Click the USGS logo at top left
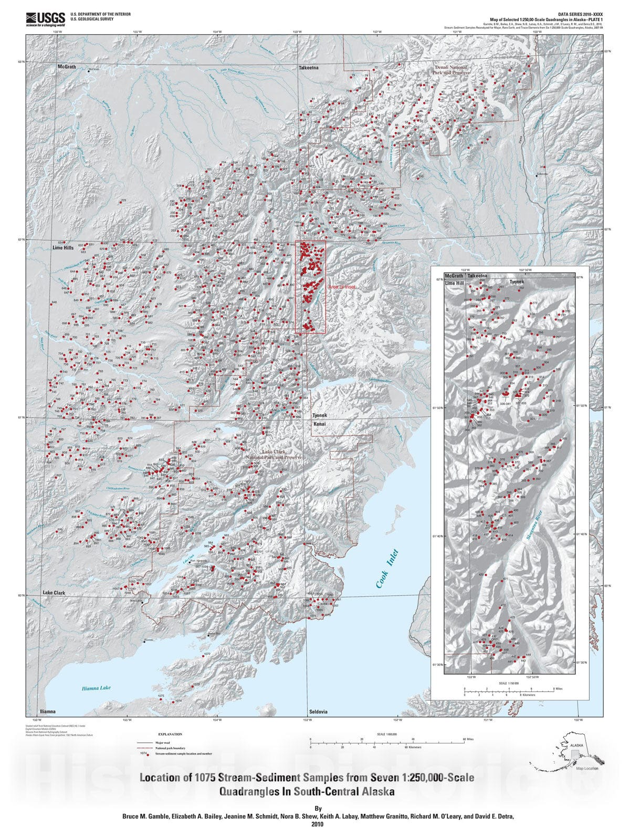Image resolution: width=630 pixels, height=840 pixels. (45, 19)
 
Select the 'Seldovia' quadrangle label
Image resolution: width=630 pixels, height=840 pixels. (318, 712)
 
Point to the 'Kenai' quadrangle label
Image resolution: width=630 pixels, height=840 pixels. (320, 424)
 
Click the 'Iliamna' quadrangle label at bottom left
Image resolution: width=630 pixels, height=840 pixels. (47, 712)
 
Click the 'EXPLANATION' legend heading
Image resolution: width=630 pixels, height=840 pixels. (170, 734)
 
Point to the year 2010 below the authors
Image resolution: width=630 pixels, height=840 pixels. (318, 824)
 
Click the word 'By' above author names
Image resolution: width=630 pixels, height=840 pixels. (318, 808)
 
